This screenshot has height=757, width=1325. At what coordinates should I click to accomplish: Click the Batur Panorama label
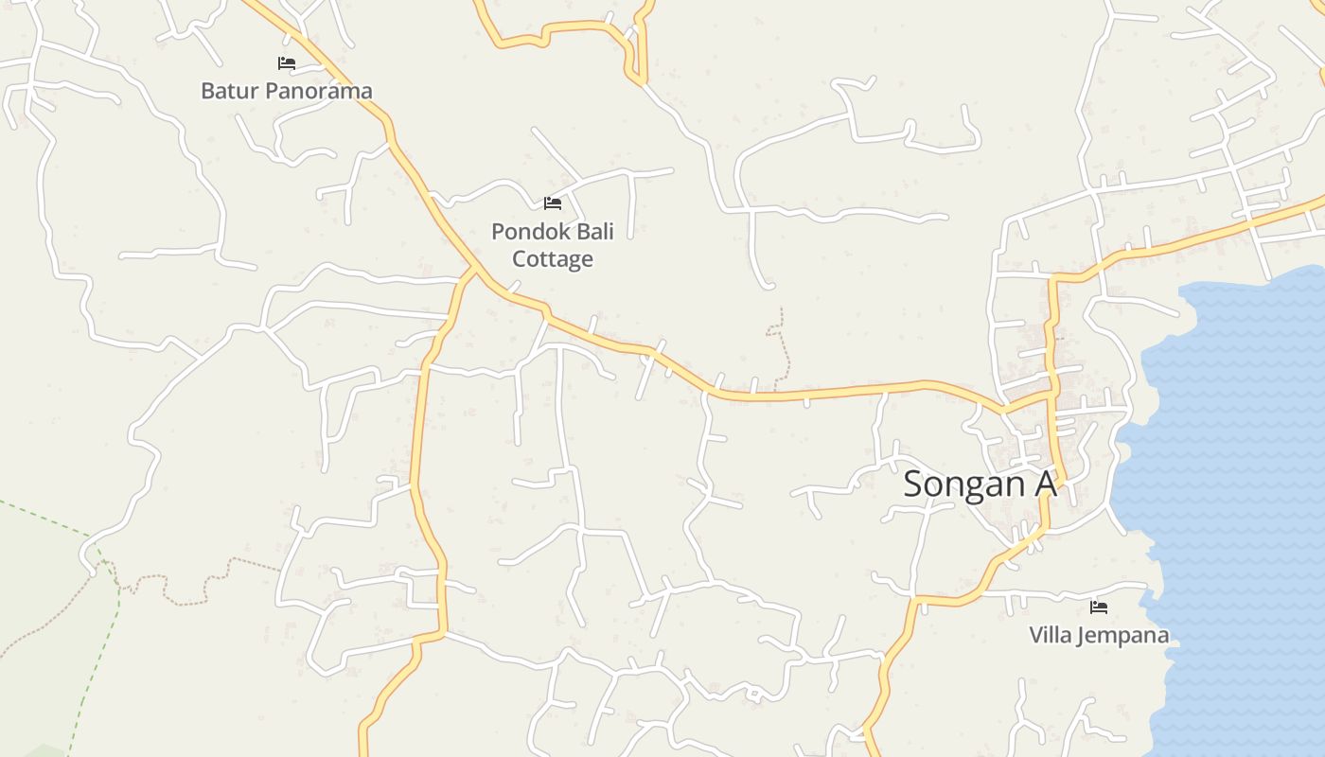pos(286,91)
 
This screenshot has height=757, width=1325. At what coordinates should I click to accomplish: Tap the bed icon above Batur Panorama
pos(287,63)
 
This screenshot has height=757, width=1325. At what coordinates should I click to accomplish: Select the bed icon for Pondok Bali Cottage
pos(553,202)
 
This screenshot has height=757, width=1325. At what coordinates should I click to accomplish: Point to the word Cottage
pos(553,259)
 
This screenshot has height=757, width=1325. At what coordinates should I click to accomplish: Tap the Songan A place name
pos(979,484)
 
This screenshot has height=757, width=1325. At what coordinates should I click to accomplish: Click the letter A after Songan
pos(1044,484)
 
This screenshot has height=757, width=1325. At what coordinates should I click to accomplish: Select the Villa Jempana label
pos(1099,635)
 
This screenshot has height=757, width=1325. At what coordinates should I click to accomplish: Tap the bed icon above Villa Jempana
pos(1099,607)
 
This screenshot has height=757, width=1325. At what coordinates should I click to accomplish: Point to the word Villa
pos(1051,635)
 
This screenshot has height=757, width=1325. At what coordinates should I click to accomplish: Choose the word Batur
pos(229,91)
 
